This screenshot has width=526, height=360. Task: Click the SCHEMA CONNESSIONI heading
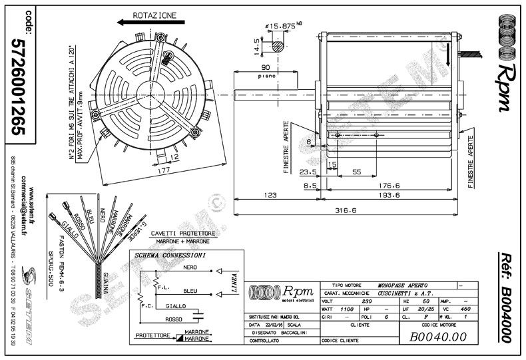pyautogui.click(x=170, y=255)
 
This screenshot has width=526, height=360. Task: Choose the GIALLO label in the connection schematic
pyautogui.click(x=175, y=307)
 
